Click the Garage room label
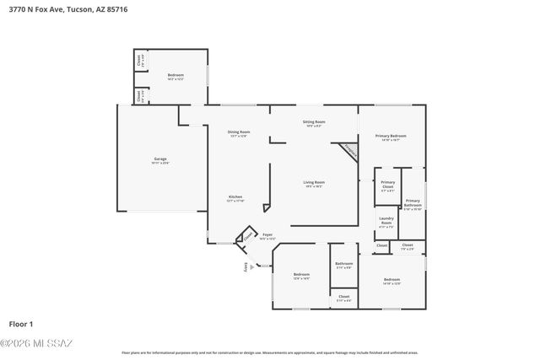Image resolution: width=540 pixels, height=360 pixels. coord(160,160)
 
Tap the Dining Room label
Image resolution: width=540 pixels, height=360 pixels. coord(239,132)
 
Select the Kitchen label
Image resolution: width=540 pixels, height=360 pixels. coord(235,198)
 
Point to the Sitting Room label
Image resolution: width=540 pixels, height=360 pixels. coord(314,123)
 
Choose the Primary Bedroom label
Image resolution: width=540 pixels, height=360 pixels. coord(391,137)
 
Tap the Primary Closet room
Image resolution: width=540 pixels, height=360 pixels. coord(387,185)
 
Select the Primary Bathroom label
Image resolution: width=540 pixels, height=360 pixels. coord(413,203)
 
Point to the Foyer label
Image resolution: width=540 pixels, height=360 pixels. coord(267,236)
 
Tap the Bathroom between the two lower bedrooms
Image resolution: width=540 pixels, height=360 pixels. coord(343,265)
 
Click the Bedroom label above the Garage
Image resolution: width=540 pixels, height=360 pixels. coord(175,77)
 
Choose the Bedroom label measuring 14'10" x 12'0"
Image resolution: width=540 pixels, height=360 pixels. coord(391,281)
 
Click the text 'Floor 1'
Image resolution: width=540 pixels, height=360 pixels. coord(21,324)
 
